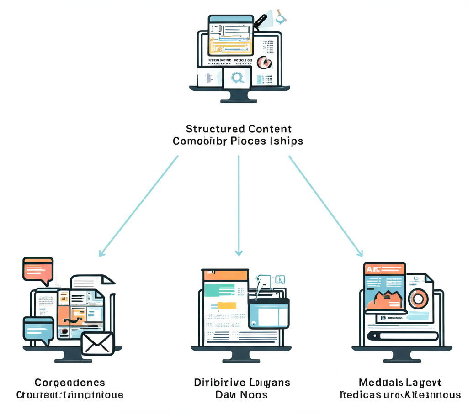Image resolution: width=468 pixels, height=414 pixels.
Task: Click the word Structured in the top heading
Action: point(211,129)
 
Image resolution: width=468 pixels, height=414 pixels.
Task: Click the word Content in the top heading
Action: point(270,129)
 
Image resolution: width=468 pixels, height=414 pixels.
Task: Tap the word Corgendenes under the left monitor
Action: point(69,383)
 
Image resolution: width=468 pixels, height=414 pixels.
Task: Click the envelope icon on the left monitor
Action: point(97,343)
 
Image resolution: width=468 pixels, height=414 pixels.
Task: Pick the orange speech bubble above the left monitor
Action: point(38,269)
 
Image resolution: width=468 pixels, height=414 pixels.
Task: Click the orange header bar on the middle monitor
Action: point(225,274)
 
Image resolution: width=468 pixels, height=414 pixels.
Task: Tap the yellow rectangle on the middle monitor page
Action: point(227,306)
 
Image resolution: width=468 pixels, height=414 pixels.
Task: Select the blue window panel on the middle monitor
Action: point(269,313)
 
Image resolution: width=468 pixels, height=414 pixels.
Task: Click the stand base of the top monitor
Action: point(239,97)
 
